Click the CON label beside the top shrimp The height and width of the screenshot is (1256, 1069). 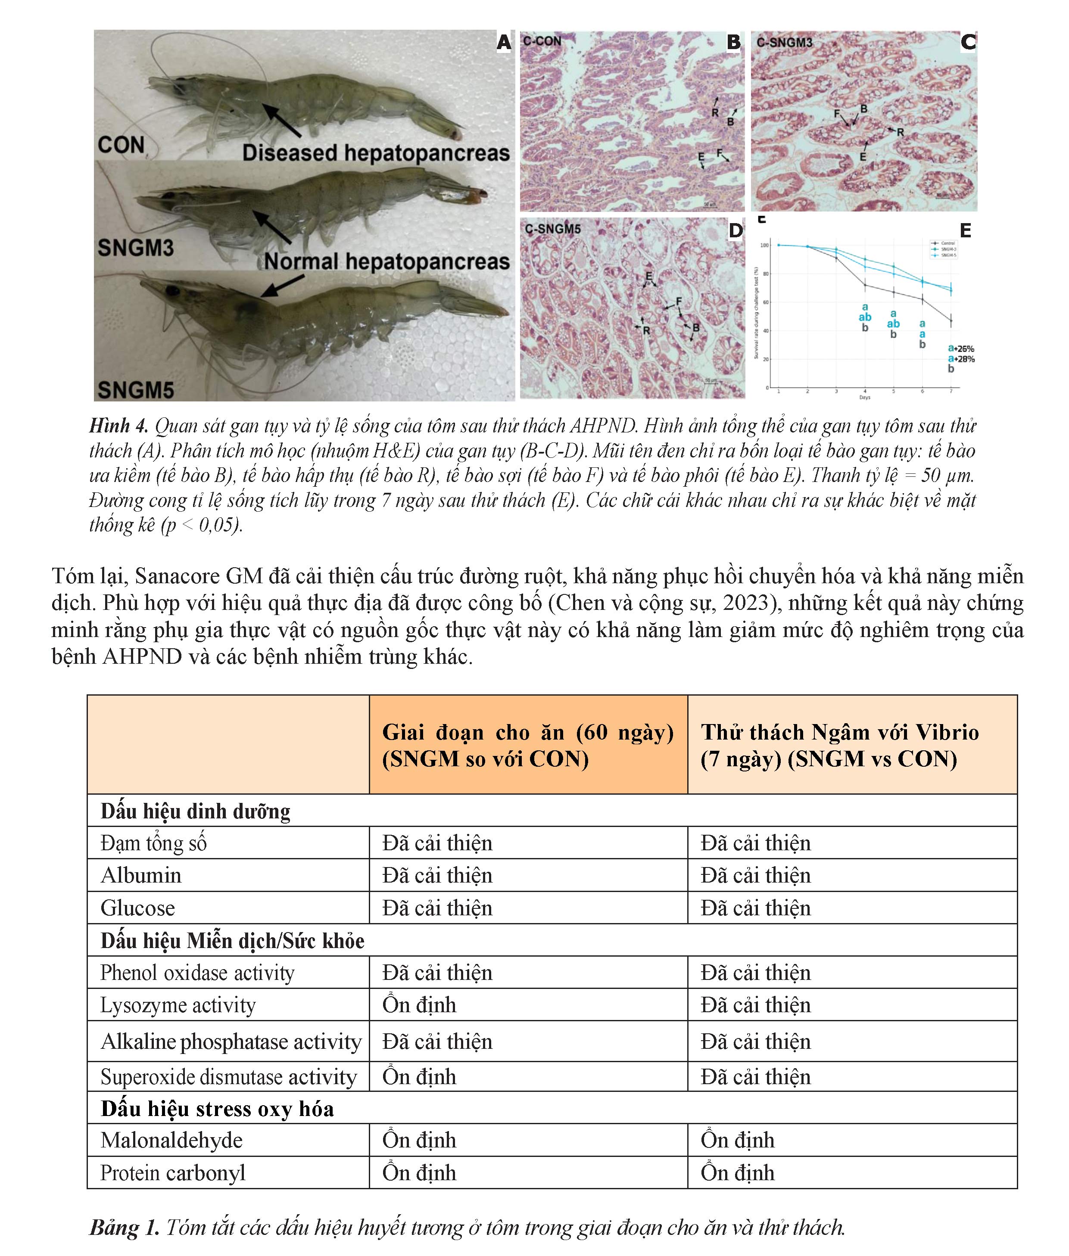121,146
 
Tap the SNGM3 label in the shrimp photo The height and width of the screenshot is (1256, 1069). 136,248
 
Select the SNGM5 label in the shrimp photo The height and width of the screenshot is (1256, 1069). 136,389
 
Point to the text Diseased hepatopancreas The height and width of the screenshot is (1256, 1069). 376,152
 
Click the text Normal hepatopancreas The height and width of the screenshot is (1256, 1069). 386,262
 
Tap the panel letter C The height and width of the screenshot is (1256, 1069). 968,42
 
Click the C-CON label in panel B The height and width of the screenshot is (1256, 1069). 542,41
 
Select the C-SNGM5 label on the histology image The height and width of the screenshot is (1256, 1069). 553,229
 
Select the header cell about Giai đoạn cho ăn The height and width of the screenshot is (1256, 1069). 528,745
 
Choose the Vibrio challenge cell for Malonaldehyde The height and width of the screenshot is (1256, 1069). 738,1140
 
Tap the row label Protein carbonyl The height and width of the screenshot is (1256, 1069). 173,1172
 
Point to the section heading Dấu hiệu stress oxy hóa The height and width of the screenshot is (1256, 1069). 217,1108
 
